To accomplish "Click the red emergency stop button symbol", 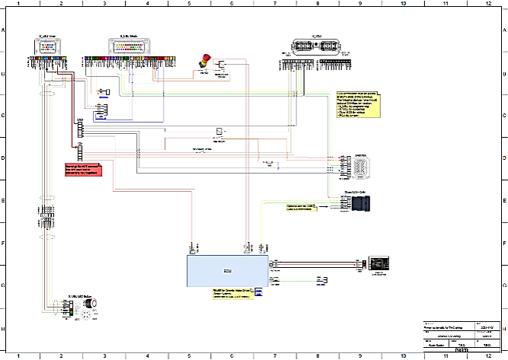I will [x=204, y=59].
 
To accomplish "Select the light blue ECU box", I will [x=227, y=270].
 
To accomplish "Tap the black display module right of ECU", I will [x=379, y=261].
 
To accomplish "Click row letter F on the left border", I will [x=3, y=244].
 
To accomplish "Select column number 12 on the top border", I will [x=485, y=4].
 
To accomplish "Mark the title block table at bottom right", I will [x=464, y=334].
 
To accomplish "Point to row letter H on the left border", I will [x=3, y=330].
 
